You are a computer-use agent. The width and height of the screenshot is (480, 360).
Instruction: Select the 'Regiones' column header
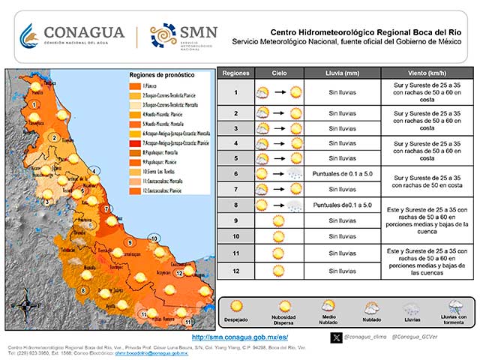point(235,73)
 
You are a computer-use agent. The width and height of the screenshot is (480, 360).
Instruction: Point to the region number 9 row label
point(235,220)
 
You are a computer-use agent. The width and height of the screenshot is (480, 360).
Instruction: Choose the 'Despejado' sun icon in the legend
point(236,306)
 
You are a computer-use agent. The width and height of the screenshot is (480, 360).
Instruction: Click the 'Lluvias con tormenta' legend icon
point(455,307)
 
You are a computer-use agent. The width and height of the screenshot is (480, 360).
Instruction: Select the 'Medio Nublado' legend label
point(328,319)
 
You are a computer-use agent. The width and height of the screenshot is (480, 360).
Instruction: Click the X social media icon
point(337,338)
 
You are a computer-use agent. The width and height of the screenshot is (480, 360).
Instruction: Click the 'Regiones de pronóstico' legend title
point(161,76)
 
